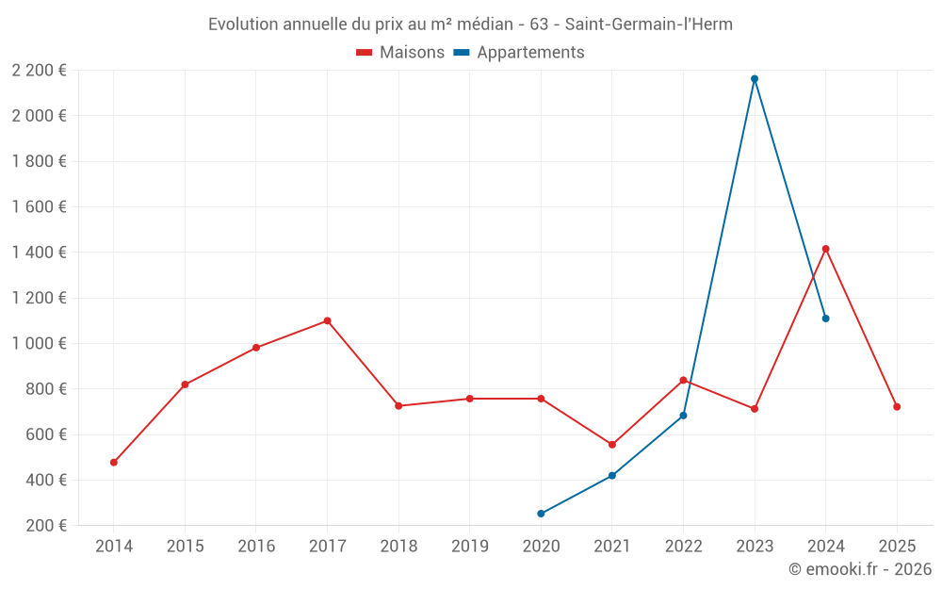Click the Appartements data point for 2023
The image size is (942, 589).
coord(755,79)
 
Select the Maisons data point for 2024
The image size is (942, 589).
coord(826,249)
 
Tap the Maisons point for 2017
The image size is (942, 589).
coord(327,320)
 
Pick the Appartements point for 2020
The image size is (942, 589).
coord(541,514)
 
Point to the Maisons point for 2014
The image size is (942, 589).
coord(114,463)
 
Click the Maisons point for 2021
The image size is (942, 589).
coord(612,445)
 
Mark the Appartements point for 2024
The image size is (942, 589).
coord(826,319)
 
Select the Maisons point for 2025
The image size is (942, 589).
coord(897,407)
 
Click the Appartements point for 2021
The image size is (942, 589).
coord(612,476)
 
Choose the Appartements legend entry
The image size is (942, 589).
coord(530,53)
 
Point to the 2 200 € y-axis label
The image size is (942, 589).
coord(39,70)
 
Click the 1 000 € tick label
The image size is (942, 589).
coord(39,343)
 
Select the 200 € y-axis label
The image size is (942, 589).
coord(44,526)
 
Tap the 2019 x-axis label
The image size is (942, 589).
coord(469,547)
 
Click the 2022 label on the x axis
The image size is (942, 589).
coord(683,547)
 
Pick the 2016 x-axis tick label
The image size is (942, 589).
coord(256,547)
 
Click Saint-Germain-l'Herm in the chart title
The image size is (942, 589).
coord(648,24)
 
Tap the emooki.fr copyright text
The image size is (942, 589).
coord(860,569)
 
